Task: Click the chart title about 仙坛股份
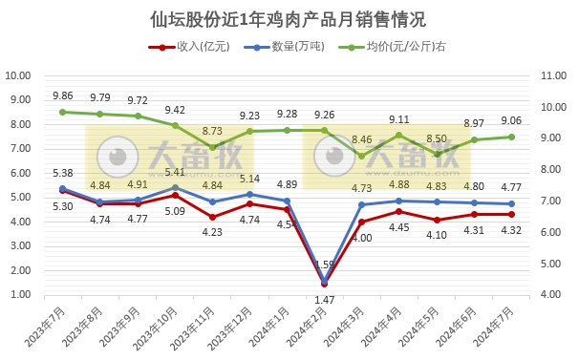click(x=289, y=19)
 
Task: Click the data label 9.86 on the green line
click(x=62, y=95)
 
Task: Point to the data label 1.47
click(x=325, y=300)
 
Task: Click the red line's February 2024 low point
click(x=324, y=284)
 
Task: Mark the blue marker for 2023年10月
click(x=175, y=187)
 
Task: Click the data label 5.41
click(x=175, y=172)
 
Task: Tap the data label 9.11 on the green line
click(x=398, y=119)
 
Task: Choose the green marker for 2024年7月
click(x=511, y=137)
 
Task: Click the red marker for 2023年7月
click(x=62, y=191)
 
